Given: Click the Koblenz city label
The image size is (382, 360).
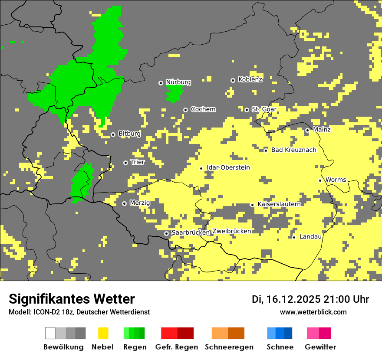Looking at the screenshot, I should click(x=250, y=79).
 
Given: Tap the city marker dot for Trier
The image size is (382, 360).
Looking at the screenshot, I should click(x=126, y=163).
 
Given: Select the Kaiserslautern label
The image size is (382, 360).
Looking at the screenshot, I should click(x=279, y=204).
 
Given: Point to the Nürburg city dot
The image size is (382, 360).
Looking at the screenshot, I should click(x=161, y=82).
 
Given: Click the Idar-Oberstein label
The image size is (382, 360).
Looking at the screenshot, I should click(x=228, y=167).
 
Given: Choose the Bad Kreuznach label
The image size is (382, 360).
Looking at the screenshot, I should click(x=293, y=150).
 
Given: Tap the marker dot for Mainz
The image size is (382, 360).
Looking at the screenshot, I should click(x=307, y=130).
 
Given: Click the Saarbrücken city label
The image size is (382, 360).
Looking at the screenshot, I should click(x=191, y=232).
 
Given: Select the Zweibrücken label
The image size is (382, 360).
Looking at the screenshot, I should click(x=232, y=231).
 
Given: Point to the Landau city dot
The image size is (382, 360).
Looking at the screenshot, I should click(x=294, y=237).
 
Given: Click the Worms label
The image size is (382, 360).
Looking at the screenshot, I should click(x=336, y=180).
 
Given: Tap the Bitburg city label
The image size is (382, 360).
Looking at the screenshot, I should click(x=129, y=134).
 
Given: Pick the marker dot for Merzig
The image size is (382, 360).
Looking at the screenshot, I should click(x=124, y=203).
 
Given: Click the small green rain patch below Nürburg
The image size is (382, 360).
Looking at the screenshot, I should click(x=175, y=92).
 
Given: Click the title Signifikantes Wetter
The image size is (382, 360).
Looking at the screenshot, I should click(x=72, y=299).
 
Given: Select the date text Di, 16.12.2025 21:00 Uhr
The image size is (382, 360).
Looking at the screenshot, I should click(x=310, y=299).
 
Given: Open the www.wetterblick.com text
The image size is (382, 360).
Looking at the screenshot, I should click(x=313, y=312).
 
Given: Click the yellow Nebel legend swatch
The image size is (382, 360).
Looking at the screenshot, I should click(x=103, y=333).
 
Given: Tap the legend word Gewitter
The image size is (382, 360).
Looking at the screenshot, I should click(x=320, y=347).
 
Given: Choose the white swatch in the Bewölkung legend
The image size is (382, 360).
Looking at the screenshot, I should click(x=50, y=333).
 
